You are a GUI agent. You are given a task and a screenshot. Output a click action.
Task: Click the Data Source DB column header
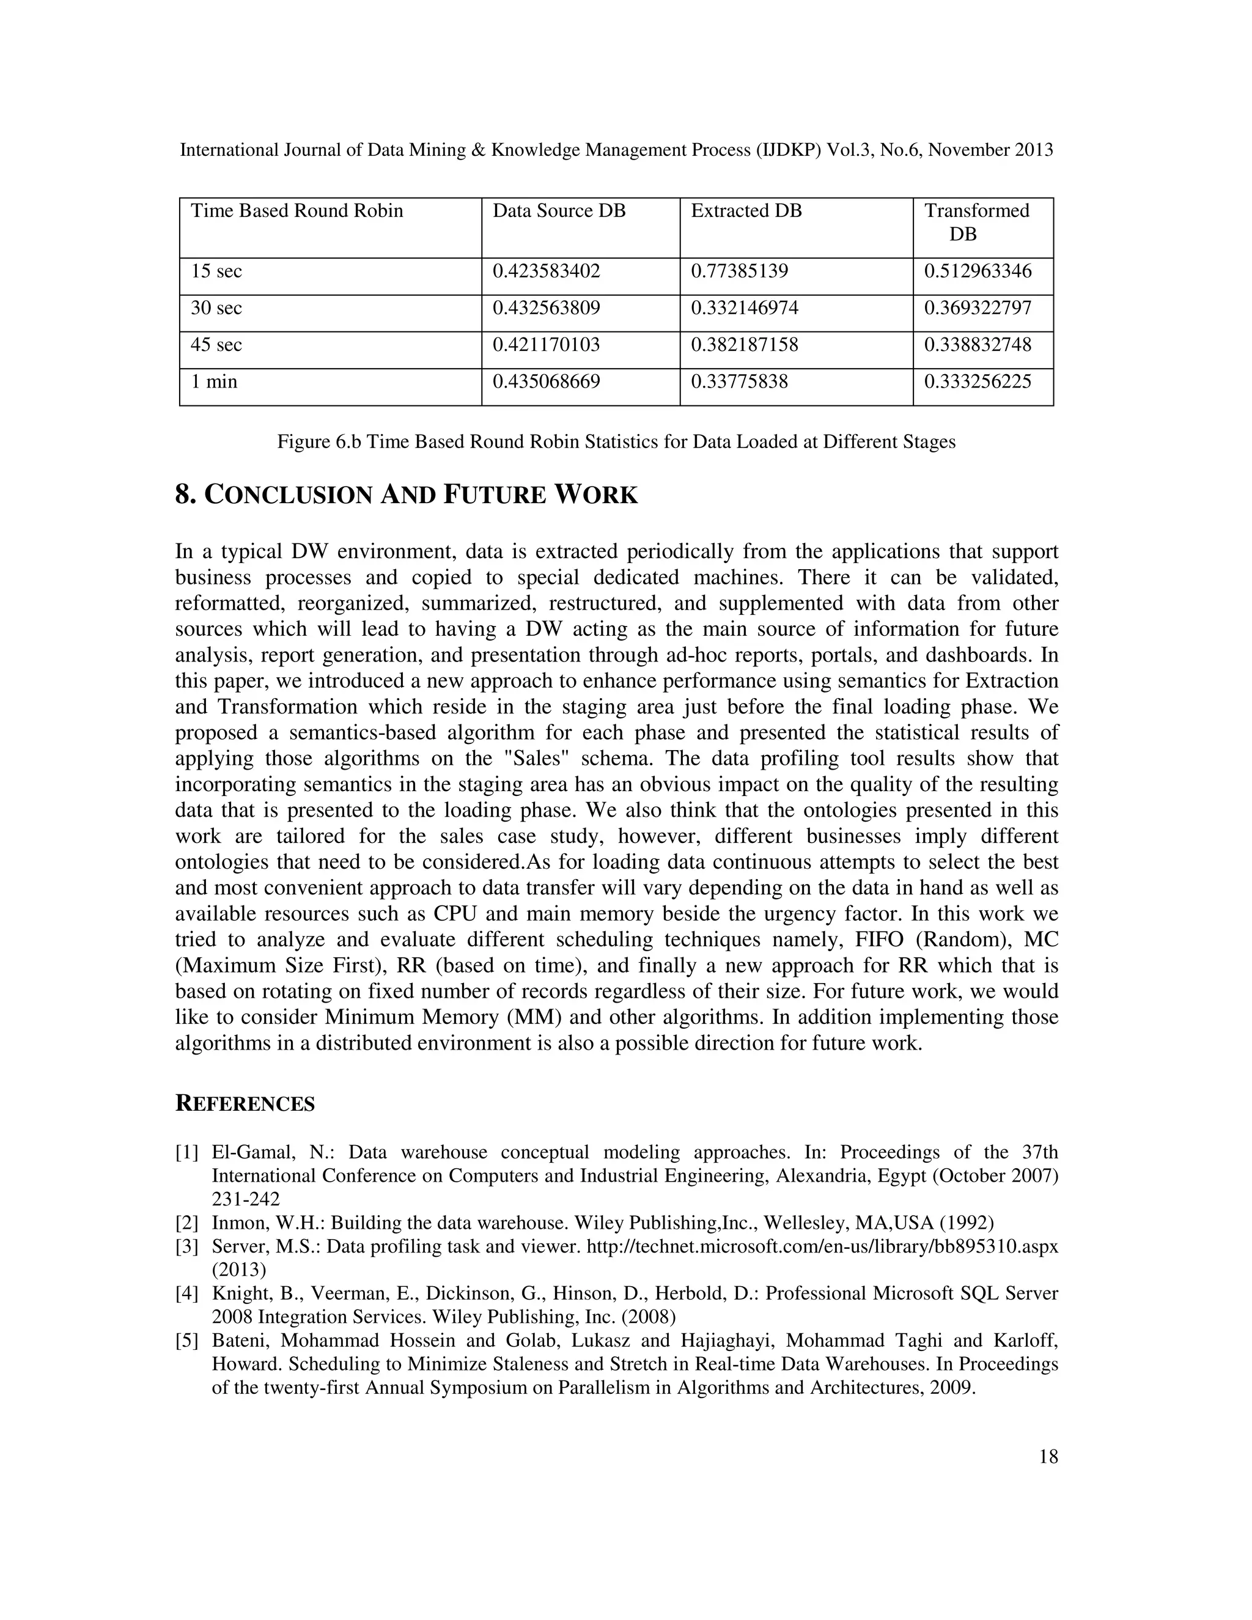pos(559,212)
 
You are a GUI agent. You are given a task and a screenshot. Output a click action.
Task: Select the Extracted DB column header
pos(746,212)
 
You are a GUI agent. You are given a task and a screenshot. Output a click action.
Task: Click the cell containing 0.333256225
pos(977,382)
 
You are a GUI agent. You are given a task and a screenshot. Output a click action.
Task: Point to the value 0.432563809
pos(546,308)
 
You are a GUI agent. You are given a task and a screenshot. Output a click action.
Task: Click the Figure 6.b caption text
pos(616,442)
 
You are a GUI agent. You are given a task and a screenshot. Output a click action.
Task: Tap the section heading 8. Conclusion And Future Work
pos(406,495)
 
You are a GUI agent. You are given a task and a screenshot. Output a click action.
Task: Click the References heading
pos(245,1105)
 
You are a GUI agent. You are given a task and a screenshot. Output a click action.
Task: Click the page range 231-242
pos(246,1199)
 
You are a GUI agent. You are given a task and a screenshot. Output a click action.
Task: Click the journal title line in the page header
pos(616,150)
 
